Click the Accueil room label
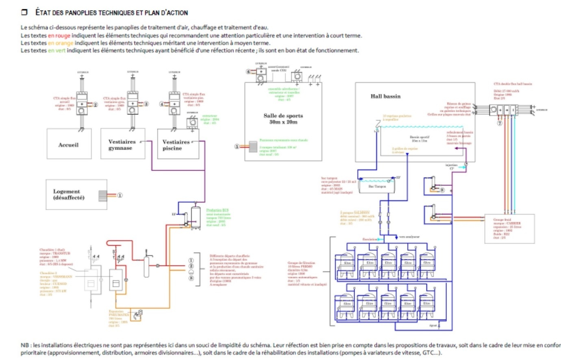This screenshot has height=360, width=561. point(68,145)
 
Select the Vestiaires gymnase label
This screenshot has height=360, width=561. point(122,145)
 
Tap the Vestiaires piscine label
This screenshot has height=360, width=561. point(176,145)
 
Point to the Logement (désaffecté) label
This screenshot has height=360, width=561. point(69,194)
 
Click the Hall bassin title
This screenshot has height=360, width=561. point(385,96)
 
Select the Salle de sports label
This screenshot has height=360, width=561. point(283,119)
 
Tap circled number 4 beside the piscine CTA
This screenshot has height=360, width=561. point(161,104)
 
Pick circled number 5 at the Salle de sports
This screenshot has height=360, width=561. point(237,147)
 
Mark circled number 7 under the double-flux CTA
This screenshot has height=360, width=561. point(500,123)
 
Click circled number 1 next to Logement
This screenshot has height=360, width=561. point(120,195)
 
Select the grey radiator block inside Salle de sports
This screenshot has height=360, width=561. point(253,147)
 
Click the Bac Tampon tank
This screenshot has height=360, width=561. point(377,186)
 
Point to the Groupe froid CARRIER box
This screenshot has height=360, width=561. point(509,229)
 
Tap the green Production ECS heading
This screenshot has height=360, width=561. point(217,210)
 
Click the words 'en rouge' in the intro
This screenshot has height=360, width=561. point(59,36)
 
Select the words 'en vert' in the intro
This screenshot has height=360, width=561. point(57,51)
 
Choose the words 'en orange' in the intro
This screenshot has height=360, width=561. point(61,43)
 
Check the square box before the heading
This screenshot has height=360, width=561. point(24,12)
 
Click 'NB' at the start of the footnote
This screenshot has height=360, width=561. point(25,345)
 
